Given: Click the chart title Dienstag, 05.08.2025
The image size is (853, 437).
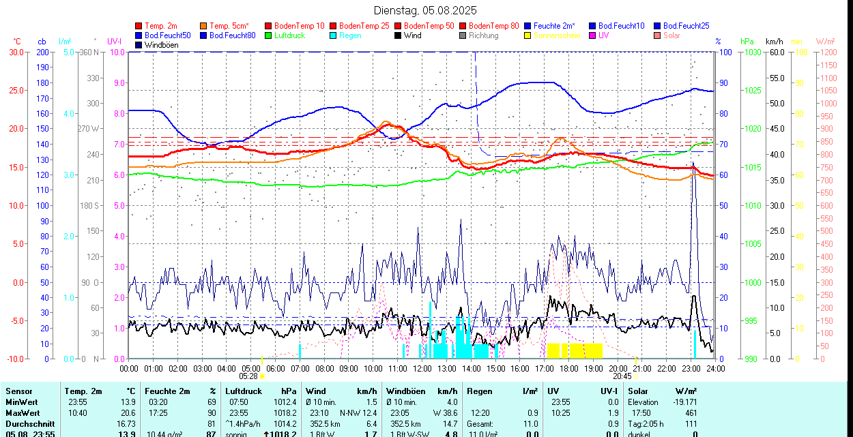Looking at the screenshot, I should (x=425, y=10).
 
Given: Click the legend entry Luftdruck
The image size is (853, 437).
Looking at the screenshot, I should (x=289, y=35).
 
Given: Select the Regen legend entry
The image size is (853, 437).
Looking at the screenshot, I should (x=350, y=35).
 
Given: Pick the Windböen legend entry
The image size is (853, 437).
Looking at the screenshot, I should (x=161, y=45).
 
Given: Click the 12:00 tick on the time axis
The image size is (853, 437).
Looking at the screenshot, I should (x=422, y=368).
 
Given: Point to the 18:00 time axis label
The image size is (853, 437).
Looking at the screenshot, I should (x=569, y=368).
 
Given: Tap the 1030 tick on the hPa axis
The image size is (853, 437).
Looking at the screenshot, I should (x=752, y=52).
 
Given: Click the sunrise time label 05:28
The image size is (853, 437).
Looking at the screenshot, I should (x=248, y=376).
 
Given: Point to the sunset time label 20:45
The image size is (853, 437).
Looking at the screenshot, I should (x=622, y=376).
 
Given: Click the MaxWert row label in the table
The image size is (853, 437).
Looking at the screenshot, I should (x=23, y=413).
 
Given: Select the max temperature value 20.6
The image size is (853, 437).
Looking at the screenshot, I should (x=127, y=413).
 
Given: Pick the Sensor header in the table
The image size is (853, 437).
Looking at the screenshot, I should (x=19, y=391).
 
